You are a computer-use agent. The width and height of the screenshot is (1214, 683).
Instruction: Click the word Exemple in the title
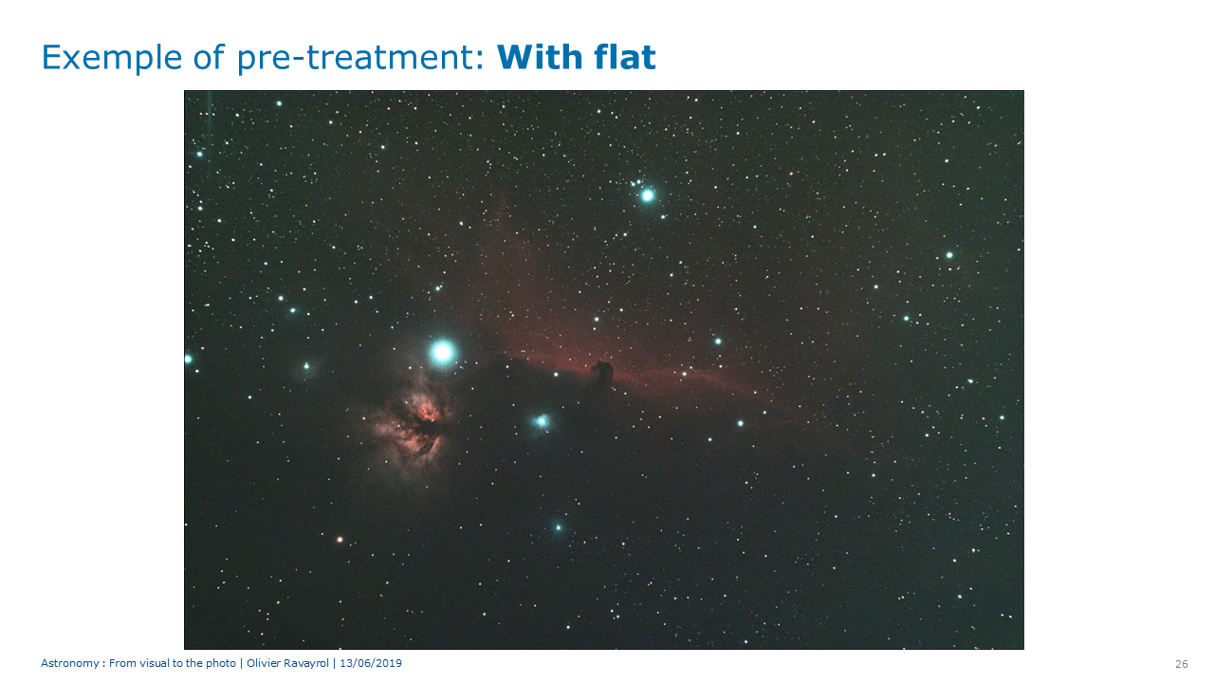[x=112, y=58]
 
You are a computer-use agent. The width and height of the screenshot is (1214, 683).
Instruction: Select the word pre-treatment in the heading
[x=359, y=58]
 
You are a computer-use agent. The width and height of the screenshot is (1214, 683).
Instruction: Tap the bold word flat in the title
[x=624, y=57]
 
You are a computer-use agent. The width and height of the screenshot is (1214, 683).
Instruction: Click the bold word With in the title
[x=540, y=57]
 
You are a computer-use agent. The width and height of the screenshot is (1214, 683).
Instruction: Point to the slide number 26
[x=1182, y=664]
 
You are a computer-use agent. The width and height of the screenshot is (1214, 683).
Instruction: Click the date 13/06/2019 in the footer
[x=371, y=663]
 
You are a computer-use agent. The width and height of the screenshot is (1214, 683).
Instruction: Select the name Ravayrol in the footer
[x=305, y=663]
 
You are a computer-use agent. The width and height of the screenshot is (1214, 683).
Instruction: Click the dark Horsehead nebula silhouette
[x=602, y=373]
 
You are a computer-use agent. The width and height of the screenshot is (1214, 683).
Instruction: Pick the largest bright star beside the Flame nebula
[x=443, y=352]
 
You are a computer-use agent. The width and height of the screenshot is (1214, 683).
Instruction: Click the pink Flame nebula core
[x=425, y=415]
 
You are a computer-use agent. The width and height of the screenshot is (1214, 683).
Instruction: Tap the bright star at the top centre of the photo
[x=647, y=195]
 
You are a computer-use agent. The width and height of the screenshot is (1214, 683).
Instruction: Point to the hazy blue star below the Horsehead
[x=541, y=421]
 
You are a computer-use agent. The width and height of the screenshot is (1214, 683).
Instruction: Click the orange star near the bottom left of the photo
[x=340, y=540]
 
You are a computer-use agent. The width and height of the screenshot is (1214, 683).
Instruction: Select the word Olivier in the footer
[x=263, y=663]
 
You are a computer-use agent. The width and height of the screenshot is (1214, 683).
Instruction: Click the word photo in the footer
[x=221, y=664]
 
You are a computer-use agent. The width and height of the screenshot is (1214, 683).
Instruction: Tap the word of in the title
[x=209, y=57]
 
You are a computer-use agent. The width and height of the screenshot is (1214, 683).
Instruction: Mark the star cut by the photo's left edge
[x=188, y=359]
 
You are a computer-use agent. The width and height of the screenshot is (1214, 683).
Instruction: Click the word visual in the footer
[x=155, y=663]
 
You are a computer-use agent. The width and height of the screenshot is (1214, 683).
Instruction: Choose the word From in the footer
[x=122, y=663]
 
